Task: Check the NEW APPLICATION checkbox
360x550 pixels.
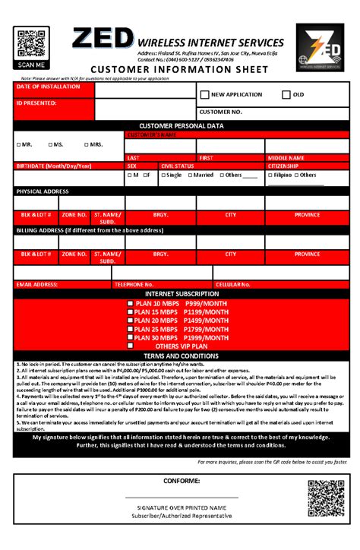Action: pos(204,95)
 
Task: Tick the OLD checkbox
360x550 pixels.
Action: pos(286,95)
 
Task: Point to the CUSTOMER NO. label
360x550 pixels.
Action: pos(221,112)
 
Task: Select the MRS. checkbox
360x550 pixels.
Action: pos(85,144)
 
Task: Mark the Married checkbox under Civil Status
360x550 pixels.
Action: pos(190,175)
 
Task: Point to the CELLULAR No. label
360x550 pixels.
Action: pos(233,284)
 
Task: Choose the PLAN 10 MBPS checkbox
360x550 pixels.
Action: pos(131,303)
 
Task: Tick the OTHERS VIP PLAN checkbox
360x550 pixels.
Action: pos(131,346)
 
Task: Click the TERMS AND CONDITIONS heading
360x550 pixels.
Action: pos(181,356)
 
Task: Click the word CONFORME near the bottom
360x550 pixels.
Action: pos(182,482)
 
